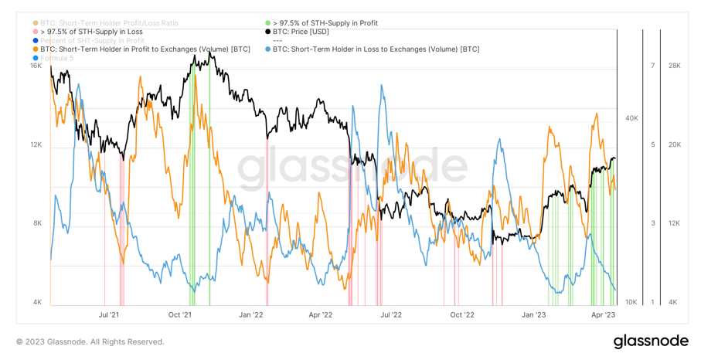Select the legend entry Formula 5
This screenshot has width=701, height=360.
tap(56, 58)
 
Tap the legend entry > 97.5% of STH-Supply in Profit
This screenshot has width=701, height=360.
tap(325, 23)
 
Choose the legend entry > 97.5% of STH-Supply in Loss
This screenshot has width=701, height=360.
tap(91, 32)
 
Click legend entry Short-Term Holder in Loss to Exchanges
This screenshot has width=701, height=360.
tap(376, 49)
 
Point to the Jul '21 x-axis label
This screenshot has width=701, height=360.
tap(109, 314)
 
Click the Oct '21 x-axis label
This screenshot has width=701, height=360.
tap(180, 314)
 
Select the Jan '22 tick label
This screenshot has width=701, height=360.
tap(251, 314)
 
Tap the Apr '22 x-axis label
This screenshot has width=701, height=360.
tap(321, 314)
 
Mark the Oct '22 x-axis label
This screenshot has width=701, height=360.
tap(462, 314)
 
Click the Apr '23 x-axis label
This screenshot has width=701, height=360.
tap(603, 314)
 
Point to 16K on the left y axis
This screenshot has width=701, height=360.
tap(36, 66)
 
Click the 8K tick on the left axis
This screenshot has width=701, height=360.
tap(37, 223)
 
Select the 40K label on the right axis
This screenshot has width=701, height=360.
tap(631, 118)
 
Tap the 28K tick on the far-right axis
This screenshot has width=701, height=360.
tap(674, 66)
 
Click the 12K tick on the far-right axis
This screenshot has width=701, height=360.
tap(674, 223)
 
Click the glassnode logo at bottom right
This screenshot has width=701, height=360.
tap(651, 341)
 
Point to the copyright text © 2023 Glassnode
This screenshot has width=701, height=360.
tap(90, 341)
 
